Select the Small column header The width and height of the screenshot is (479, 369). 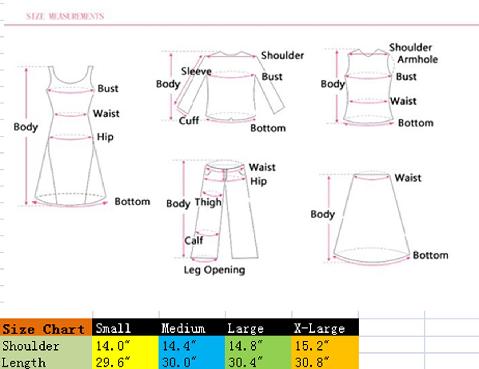tap(113, 328)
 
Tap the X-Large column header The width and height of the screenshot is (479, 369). tap(319, 328)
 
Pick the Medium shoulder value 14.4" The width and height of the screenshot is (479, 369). tap(179, 345)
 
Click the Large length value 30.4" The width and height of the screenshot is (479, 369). tap(245, 362)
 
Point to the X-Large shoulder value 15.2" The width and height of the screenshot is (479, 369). tap(312, 345)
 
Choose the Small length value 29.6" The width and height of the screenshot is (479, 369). tap(113, 362)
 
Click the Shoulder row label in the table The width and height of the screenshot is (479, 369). tap(31, 346)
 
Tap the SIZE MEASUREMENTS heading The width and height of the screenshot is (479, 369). tap(65, 16)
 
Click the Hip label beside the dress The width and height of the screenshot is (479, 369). tap(105, 137)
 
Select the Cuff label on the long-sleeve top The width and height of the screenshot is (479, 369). tap(189, 120)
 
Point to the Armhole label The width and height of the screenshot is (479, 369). tap(417, 59)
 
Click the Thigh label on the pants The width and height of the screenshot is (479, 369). tap(208, 202)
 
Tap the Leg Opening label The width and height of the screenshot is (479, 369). tap(214, 270)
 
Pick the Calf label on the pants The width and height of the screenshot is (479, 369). tap(193, 240)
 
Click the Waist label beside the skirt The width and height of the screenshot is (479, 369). tap(408, 178)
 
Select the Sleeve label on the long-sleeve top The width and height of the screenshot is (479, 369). tap(196, 71)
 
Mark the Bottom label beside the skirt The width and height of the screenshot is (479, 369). tap(430, 255)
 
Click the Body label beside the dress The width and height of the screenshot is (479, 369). tap(26, 127)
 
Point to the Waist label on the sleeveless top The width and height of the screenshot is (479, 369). tap(403, 101)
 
